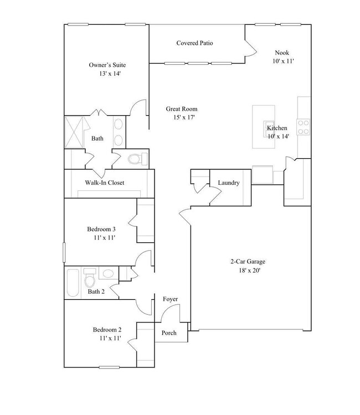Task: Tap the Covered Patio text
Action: [195, 43]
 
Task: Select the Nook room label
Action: [282, 53]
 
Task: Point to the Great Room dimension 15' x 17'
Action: [182, 117]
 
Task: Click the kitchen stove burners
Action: [304, 127]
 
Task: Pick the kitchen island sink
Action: [269, 126]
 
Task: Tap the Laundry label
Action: [228, 183]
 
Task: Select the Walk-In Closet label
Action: [104, 183]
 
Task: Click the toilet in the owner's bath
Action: [136, 159]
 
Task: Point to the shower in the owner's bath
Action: [74, 132]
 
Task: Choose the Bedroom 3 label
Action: [101, 229]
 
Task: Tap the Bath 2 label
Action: [96, 291]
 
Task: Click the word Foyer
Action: [170, 299]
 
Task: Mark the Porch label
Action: [169, 333]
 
